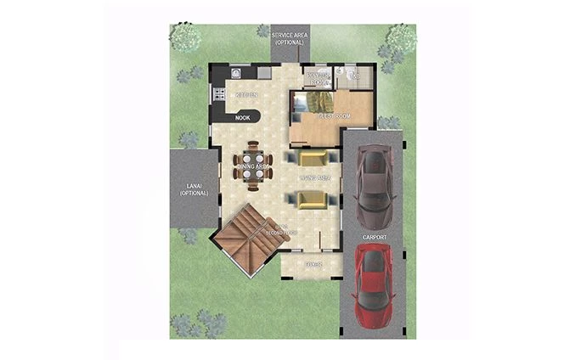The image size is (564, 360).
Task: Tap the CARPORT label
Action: point(374,237)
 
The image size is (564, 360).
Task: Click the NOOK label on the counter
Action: point(244,118)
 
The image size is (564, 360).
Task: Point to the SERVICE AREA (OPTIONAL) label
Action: point(289,38)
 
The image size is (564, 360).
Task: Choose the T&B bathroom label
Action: point(356,76)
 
